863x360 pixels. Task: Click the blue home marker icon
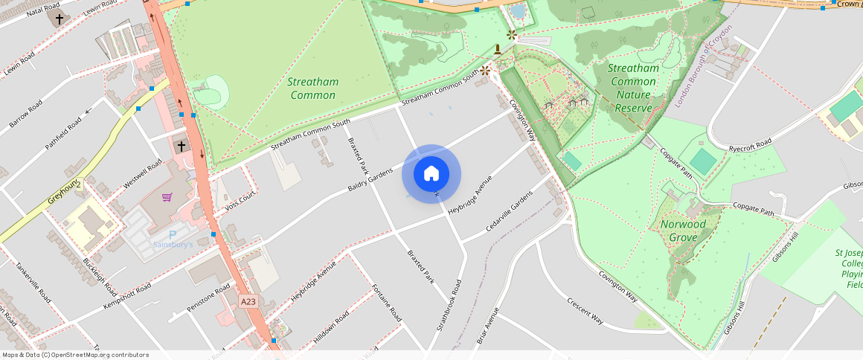(x=431, y=174)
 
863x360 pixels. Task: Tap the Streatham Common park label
(x=313, y=89)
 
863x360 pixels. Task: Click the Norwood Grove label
(x=683, y=231)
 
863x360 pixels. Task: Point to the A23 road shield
(x=248, y=301)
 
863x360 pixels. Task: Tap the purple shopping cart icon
(x=167, y=197)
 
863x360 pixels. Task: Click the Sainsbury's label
(x=173, y=244)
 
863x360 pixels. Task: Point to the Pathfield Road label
(x=63, y=134)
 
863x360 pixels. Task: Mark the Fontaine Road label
(x=387, y=302)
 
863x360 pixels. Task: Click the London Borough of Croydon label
(x=703, y=65)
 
